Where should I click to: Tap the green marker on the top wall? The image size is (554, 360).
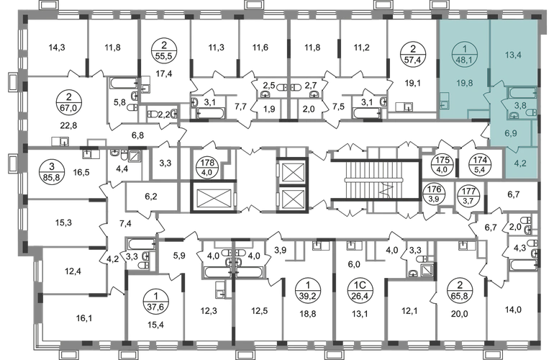click(386, 4)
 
